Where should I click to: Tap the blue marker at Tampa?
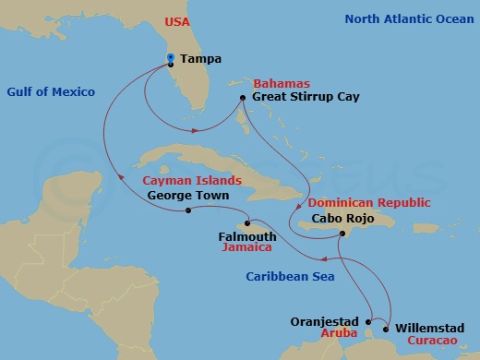[x=171, y=60]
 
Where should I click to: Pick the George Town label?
[x=187, y=196]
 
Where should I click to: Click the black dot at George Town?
[x=188, y=210]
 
